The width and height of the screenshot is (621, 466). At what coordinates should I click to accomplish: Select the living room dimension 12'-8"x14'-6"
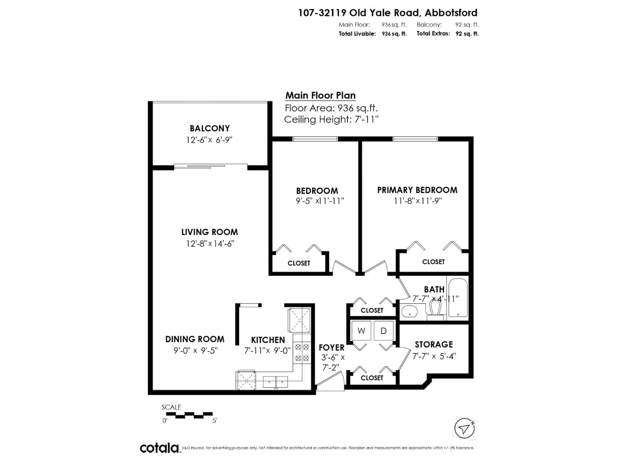click(x=210, y=244)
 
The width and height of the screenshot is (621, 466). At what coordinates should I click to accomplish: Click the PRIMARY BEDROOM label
click(x=417, y=190)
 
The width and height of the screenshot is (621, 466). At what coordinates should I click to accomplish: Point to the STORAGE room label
click(x=434, y=344)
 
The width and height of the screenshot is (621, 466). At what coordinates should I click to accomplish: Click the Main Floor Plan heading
click(x=320, y=95)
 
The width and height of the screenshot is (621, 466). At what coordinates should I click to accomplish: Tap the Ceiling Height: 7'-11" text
click(x=331, y=120)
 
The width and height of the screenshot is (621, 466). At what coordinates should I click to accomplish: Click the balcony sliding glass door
click(x=211, y=166)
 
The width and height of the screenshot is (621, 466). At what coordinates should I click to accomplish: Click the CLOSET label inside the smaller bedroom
click(x=299, y=263)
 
